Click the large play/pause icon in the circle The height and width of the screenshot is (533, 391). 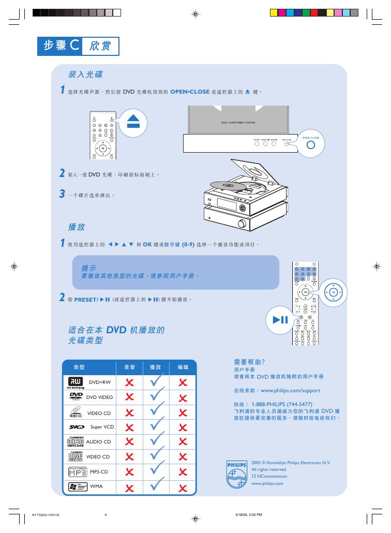coord(280,320)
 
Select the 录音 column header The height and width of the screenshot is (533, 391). coord(129,367)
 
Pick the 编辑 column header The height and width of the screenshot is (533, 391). coord(183,367)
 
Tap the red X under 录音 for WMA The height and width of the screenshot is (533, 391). coord(129,487)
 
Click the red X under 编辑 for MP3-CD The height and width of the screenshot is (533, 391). coord(183,471)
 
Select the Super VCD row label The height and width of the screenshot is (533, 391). coord(102,427)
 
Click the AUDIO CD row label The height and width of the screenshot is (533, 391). coord(98,442)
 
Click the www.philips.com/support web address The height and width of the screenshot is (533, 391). coord(290,391)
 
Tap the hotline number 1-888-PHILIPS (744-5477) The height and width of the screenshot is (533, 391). coord(282,404)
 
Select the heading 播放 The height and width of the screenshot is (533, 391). coord(77,227)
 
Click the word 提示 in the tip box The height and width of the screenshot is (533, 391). coord(88,268)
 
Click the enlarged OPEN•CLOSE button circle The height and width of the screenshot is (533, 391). coord(310,145)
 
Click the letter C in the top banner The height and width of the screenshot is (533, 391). coord(74,46)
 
